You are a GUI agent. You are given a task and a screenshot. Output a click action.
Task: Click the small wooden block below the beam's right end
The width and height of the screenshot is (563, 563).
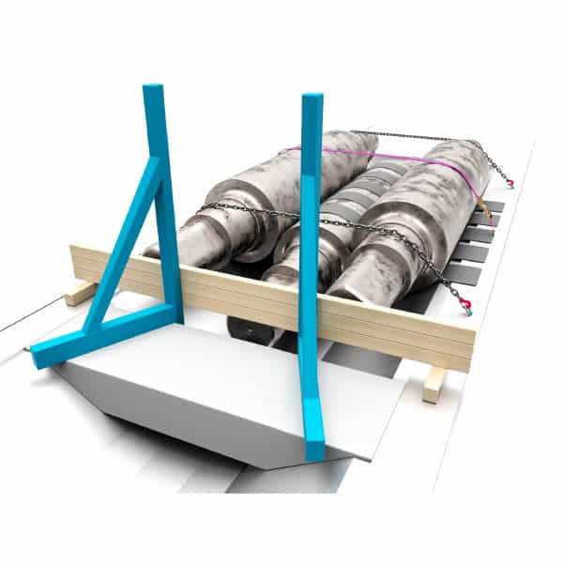click(433, 383)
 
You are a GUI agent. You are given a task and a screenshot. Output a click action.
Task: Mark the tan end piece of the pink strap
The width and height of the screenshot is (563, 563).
click(480, 202)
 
